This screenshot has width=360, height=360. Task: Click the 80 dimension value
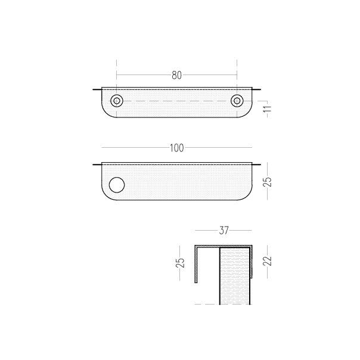(x=176, y=75)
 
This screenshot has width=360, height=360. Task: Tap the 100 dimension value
(x=177, y=148)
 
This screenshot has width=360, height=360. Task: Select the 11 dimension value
(x=268, y=109)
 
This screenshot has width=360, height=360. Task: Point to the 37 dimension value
(x=224, y=231)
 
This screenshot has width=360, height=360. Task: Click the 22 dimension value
(x=268, y=261)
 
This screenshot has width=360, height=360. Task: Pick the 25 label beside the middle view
(x=268, y=182)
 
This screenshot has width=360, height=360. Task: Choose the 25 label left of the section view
(x=180, y=263)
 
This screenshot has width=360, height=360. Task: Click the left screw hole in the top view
(x=117, y=101)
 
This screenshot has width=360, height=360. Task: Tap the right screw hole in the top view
(x=237, y=101)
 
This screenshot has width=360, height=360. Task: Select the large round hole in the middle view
(x=117, y=185)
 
